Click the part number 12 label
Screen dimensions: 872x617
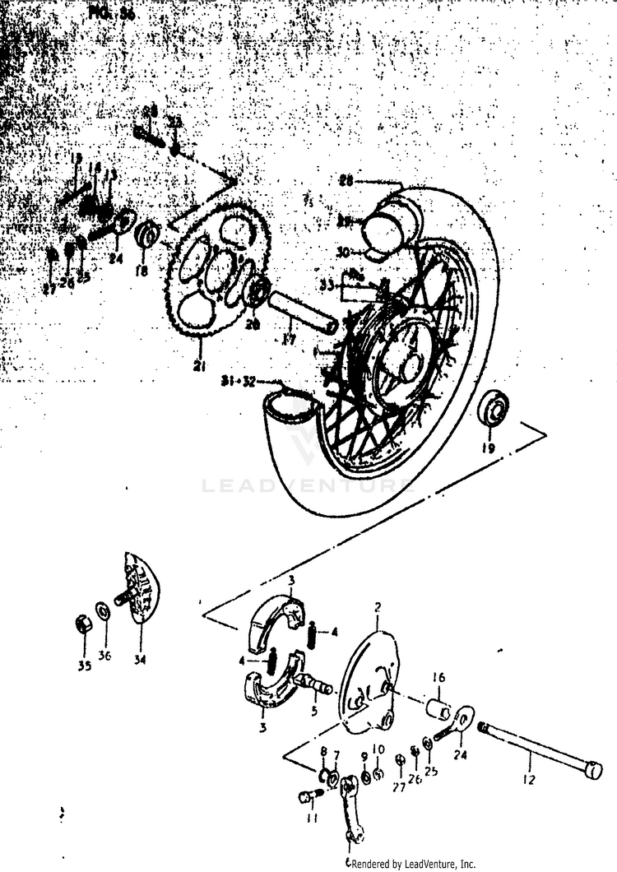[x=528, y=779]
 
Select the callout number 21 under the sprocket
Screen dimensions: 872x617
[x=198, y=366]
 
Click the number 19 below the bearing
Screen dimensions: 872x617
[x=489, y=448]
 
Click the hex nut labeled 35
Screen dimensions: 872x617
[x=83, y=624]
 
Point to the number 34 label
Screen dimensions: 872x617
[x=140, y=658]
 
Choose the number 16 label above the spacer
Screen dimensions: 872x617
[x=439, y=677]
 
